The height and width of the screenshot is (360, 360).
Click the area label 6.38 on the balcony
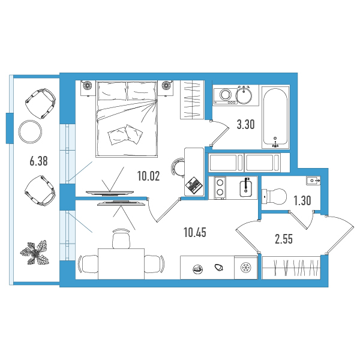pos(38,161)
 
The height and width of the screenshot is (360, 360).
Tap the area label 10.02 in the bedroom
pos(149,176)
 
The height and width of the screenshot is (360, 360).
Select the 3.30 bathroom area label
pos(245,125)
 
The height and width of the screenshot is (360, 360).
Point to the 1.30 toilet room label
pos(302,200)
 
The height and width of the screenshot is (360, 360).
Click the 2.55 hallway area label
pos(284,239)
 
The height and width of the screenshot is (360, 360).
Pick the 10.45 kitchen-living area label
pos(195,233)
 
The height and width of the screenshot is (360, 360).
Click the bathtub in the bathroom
pos(275,116)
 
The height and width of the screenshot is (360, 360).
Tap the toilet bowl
pos(274,197)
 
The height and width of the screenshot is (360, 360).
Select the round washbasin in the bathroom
pos(244,95)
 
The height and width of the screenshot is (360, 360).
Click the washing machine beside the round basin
pos(225,96)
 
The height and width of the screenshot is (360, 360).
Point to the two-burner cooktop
pos(220,187)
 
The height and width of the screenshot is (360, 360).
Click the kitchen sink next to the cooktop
pos(246,188)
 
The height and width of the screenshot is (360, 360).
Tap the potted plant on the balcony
pos(35,252)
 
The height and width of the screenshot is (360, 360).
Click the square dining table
pos(121,263)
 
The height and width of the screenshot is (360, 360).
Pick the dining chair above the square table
pos(121,238)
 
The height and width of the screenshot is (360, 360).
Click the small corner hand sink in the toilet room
pos(313,181)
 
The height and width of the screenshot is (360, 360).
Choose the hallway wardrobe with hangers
pos(291,268)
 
